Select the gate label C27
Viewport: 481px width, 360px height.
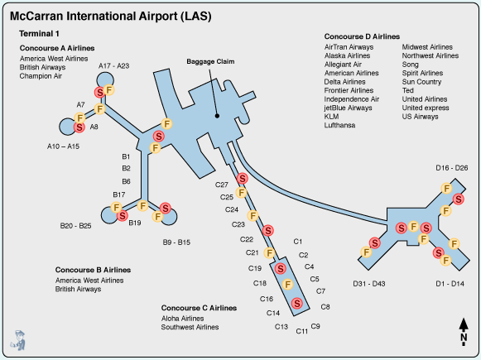pos(222,185)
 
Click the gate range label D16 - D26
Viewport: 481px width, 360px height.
pos(452,168)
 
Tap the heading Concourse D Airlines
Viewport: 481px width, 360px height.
pos(362,37)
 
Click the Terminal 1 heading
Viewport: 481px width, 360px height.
pos(40,34)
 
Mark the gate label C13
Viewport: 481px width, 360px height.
pos(281,328)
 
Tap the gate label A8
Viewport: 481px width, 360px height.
pos(94,127)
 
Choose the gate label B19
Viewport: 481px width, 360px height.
pos(135,223)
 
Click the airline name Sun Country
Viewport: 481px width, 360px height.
pos(421,83)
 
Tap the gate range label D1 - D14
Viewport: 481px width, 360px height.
pos(452,284)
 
